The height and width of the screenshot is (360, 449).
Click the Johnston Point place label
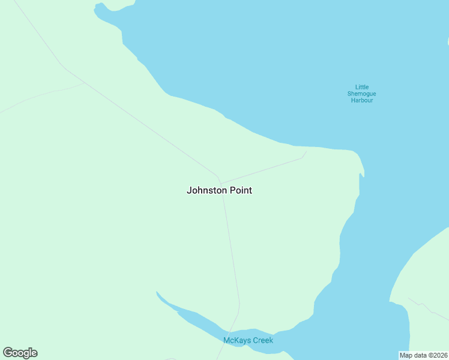(x=219, y=190)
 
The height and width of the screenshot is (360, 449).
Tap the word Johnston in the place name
(x=207, y=190)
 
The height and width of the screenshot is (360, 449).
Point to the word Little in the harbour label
(x=362, y=86)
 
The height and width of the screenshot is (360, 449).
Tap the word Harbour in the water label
(x=362, y=100)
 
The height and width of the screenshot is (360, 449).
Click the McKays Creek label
(x=248, y=340)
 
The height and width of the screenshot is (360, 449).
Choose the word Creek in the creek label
(x=263, y=340)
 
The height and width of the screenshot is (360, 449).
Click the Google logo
(x=20, y=353)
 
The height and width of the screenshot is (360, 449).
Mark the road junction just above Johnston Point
(x=220, y=183)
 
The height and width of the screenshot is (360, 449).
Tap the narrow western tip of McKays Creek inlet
(x=157, y=293)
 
